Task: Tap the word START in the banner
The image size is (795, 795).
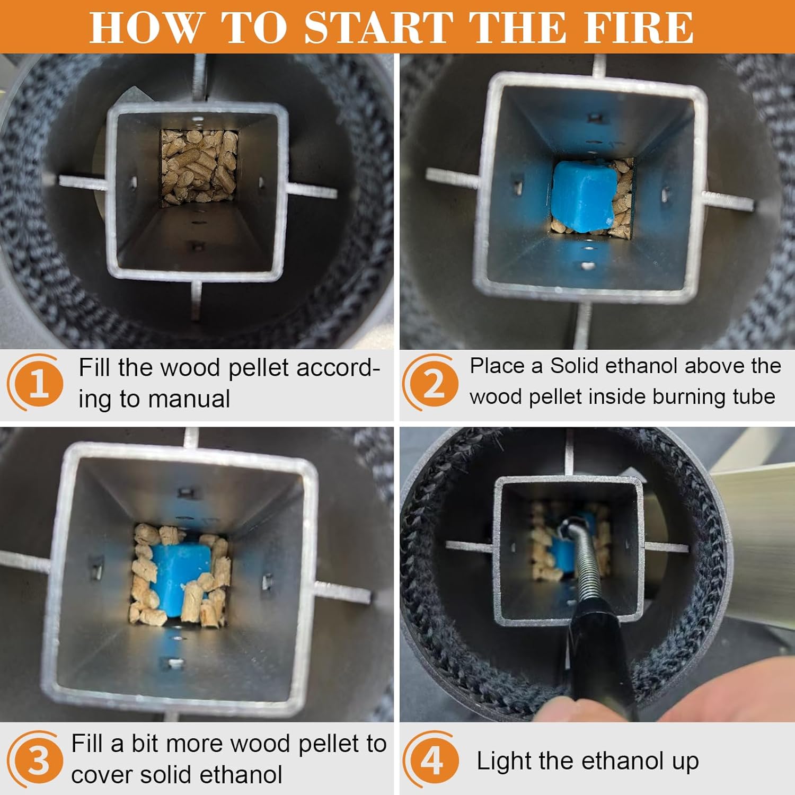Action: [379, 27]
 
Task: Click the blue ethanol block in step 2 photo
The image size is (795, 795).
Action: [582, 197]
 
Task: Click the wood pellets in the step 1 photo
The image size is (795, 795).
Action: [199, 166]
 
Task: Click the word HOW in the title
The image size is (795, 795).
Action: [146, 27]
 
